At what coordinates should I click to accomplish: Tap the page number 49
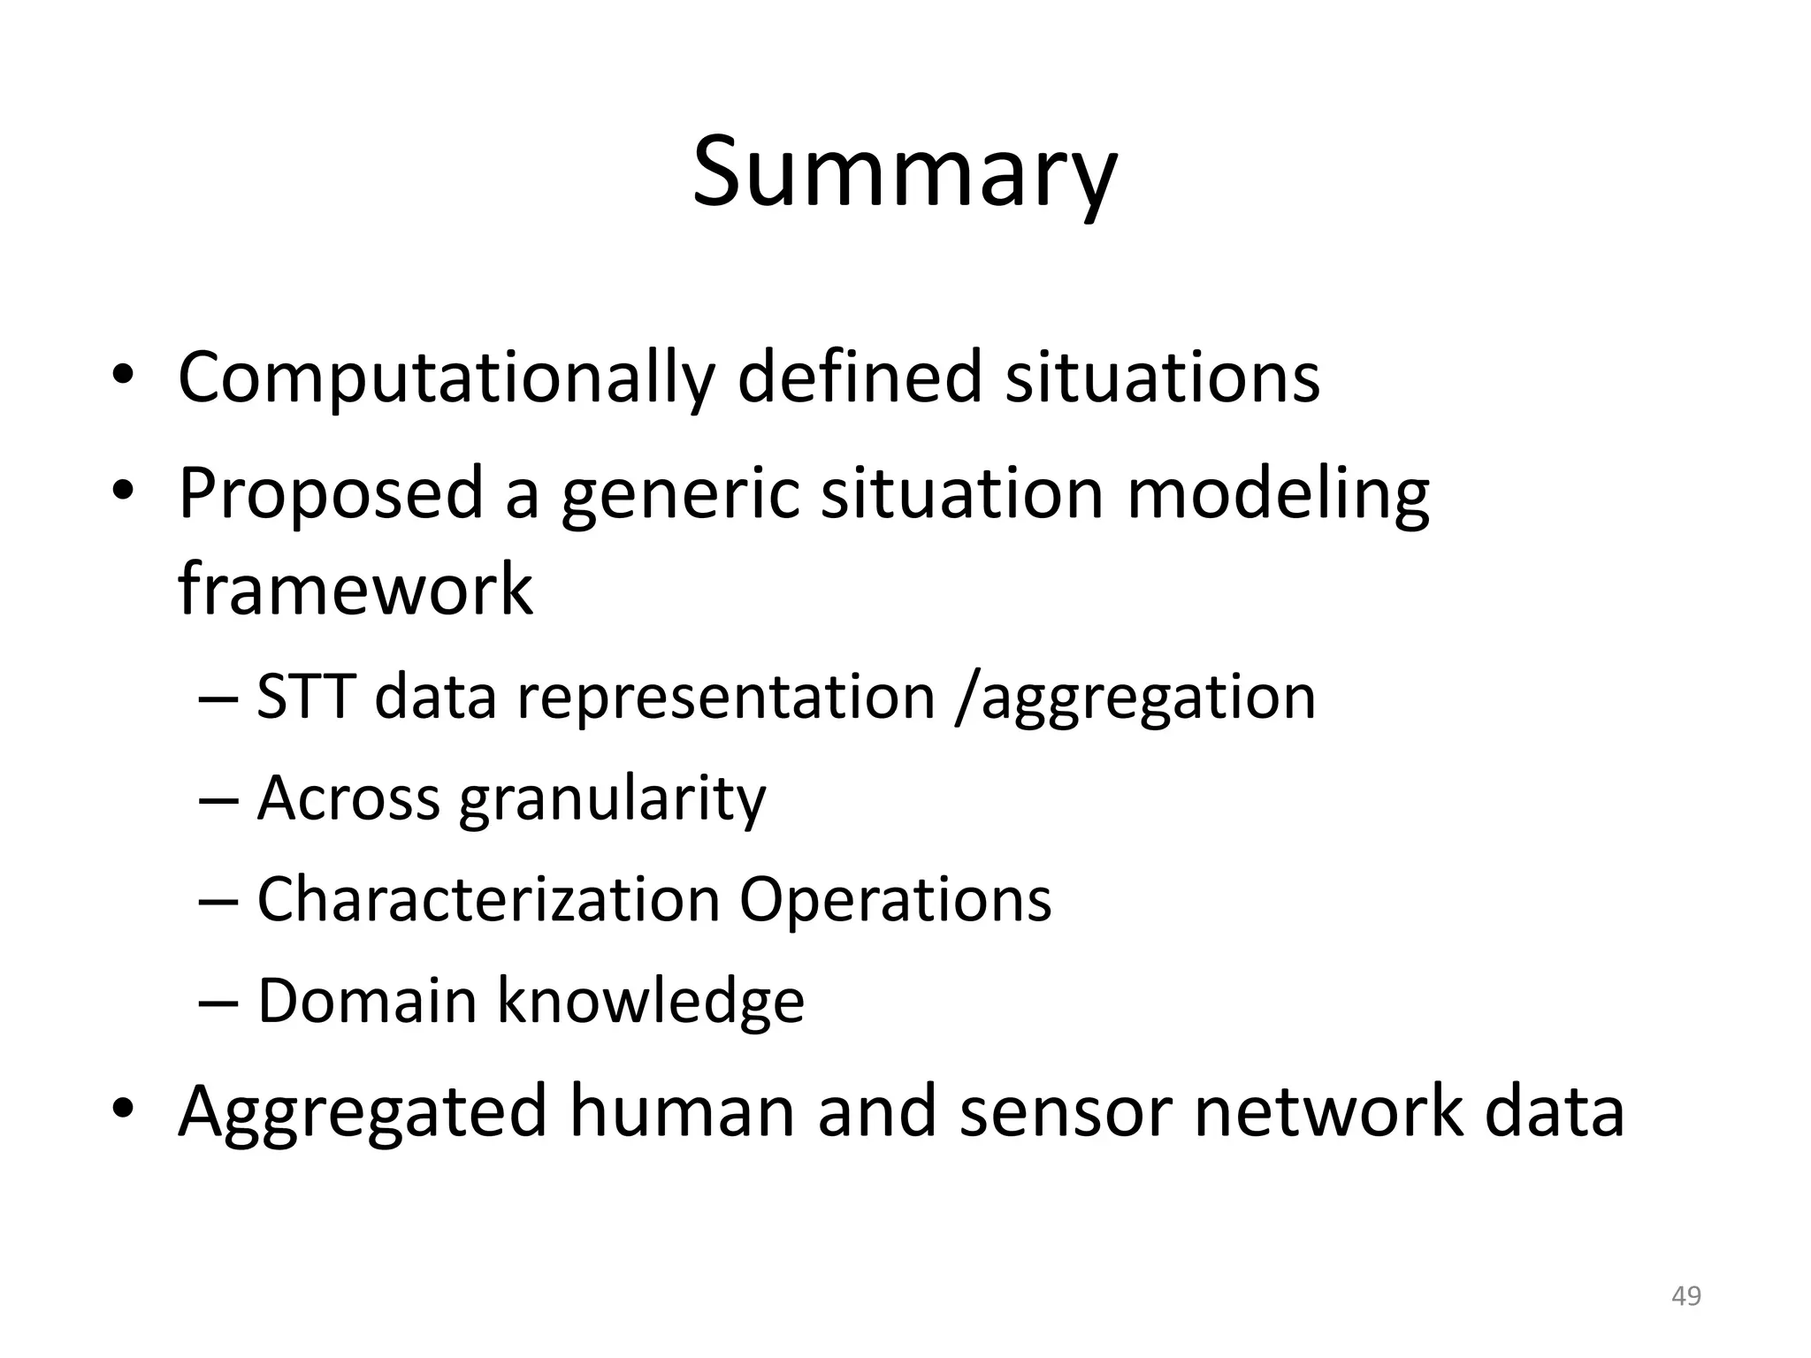(x=1686, y=1296)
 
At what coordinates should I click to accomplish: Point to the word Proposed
(x=331, y=495)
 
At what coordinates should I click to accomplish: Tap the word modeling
(x=1278, y=495)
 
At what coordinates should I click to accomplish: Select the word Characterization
(x=488, y=900)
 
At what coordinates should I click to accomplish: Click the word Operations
(x=895, y=900)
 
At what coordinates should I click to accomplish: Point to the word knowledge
(x=651, y=1001)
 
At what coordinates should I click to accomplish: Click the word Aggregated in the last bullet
(x=363, y=1112)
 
